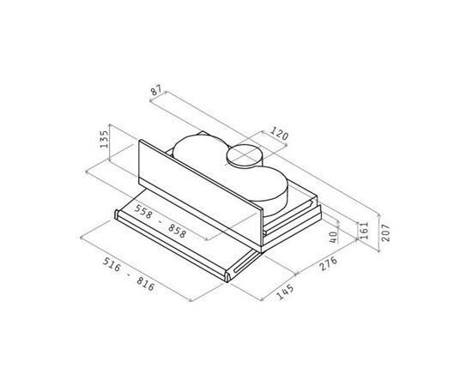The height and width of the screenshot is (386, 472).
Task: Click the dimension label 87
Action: click(x=156, y=90)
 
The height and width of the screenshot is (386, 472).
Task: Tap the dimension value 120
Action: click(x=279, y=133)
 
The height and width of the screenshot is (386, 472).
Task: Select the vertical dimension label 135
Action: click(x=104, y=139)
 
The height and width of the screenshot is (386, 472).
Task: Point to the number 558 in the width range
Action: click(x=143, y=212)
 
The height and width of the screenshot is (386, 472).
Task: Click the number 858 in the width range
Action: click(x=177, y=231)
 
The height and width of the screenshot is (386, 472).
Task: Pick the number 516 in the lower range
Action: click(x=112, y=264)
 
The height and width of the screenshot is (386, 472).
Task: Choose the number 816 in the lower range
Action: click(x=145, y=284)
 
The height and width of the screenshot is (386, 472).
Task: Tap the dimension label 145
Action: click(x=285, y=292)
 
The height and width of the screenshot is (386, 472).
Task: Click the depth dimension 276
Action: click(x=328, y=263)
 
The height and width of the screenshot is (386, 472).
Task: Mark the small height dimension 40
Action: click(x=333, y=237)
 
